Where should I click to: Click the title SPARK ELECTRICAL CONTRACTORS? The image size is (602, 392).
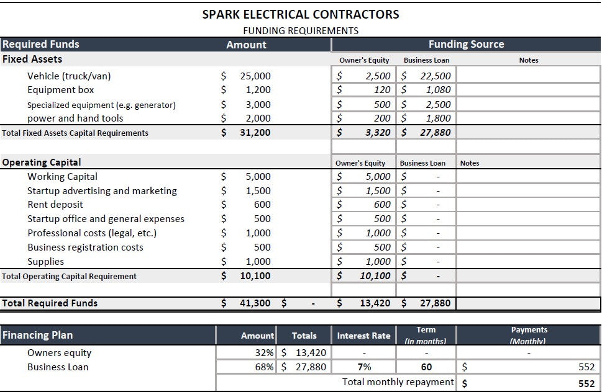[301, 14]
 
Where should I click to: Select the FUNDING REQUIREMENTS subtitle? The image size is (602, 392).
[301, 30]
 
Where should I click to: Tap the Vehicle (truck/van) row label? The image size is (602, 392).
[69, 76]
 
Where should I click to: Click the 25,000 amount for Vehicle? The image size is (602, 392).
[255, 76]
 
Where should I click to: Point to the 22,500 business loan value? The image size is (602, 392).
[435, 76]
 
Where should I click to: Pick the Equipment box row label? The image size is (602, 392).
[61, 90]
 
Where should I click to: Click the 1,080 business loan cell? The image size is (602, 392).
[438, 90]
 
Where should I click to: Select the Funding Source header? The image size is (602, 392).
[466, 45]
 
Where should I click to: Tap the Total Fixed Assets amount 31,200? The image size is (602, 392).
[255, 133]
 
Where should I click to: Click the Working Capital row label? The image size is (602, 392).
[62, 177]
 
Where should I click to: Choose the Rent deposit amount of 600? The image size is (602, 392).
[262, 205]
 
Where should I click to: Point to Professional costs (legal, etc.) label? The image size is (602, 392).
[92, 233]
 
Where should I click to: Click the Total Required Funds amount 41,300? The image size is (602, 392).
[255, 303]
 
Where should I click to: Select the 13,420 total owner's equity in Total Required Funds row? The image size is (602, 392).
[375, 303]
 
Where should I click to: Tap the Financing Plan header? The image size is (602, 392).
[38, 336]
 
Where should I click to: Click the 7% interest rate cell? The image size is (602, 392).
[364, 367]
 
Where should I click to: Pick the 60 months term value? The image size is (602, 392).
[426, 367]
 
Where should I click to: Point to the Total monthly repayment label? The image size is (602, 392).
[398, 382]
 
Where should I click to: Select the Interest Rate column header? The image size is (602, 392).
[363, 336]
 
